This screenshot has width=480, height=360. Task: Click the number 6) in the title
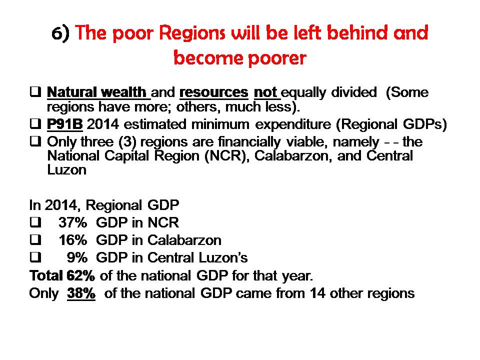(x=60, y=33)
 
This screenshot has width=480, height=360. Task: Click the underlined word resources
(x=213, y=92)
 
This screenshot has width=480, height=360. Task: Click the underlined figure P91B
(x=64, y=124)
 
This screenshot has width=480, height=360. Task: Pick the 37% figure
(x=73, y=222)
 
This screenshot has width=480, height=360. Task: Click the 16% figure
(x=73, y=240)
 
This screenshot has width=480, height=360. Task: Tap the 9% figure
(x=77, y=258)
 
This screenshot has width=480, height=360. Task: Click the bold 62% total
(x=80, y=276)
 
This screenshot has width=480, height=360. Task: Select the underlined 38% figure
(x=81, y=293)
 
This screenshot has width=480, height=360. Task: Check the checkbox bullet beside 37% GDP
(x=35, y=222)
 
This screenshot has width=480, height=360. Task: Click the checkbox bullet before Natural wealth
(x=35, y=92)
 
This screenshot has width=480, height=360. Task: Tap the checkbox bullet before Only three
(x=35, y=141)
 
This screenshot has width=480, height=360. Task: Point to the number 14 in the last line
(x=317, y=293)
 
